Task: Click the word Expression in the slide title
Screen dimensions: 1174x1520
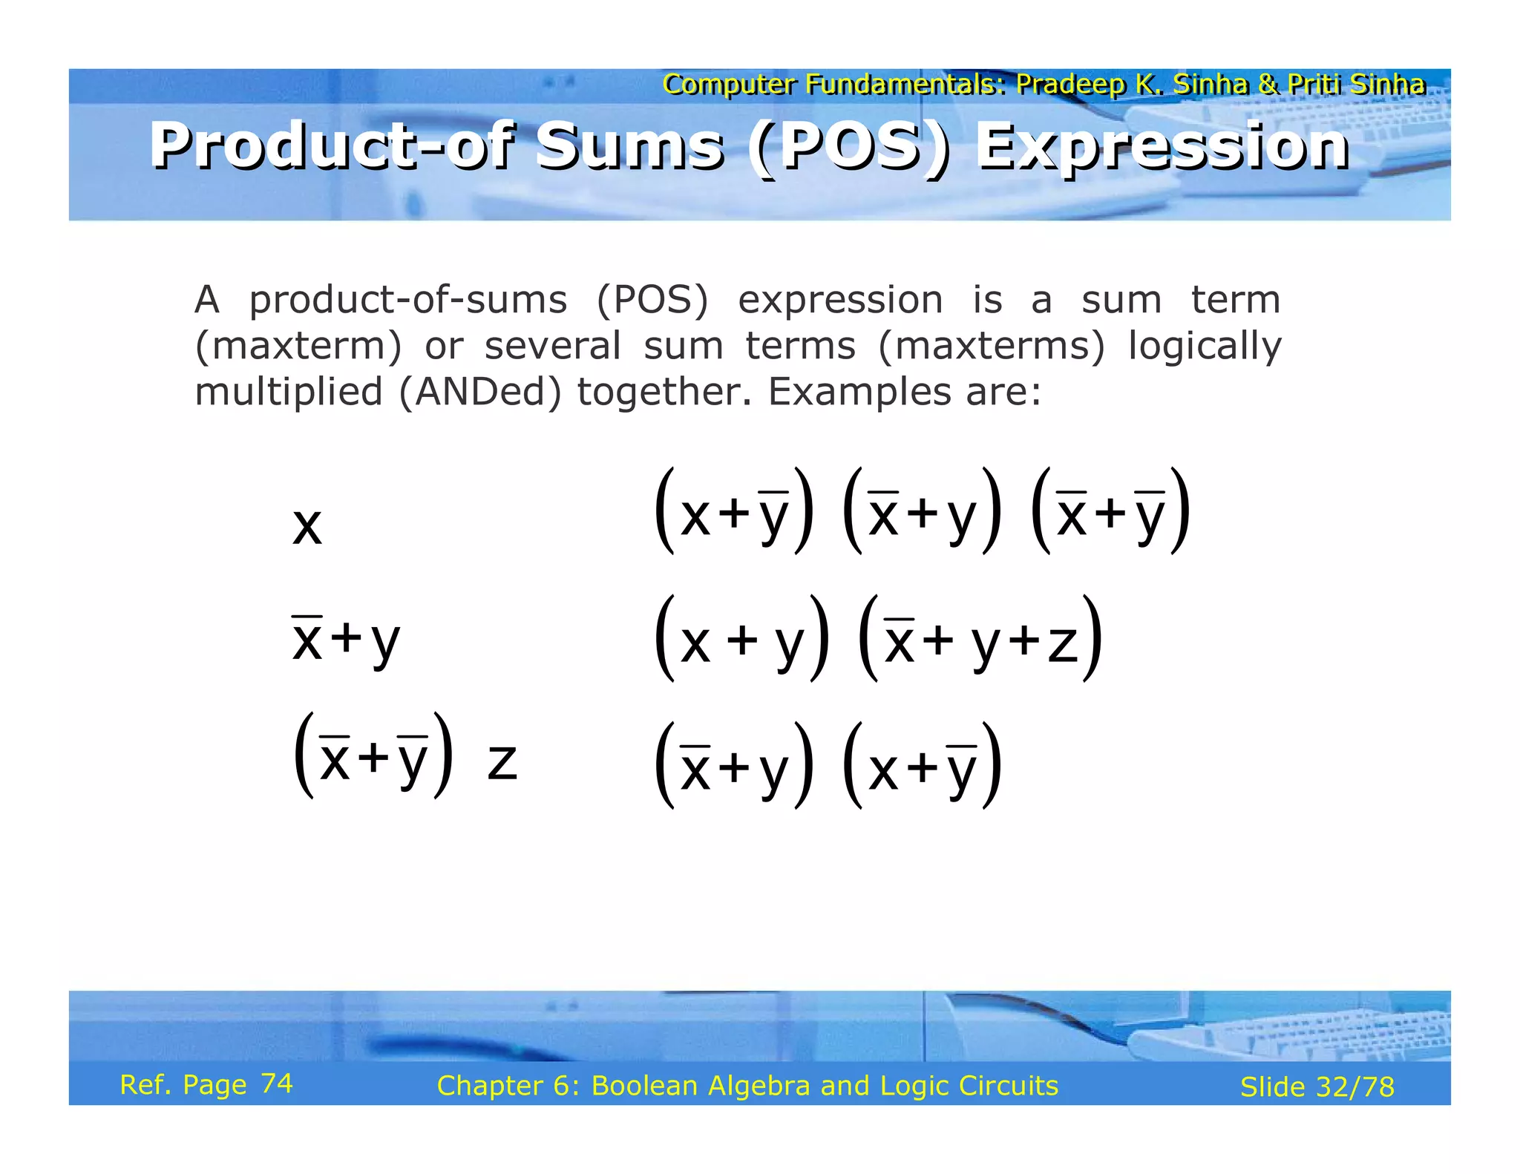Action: (x=1162, y=146)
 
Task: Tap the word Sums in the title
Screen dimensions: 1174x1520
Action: (x=629, y=146)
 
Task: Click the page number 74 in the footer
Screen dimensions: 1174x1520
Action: (x=277, y=1084)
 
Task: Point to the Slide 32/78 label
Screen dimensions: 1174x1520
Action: (x=1317, y=1087)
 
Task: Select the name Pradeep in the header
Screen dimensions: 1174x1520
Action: (x=1069, y=84)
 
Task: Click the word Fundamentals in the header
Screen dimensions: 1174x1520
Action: (x=905, y=84)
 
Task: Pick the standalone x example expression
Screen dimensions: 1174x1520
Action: (x=307, y=526)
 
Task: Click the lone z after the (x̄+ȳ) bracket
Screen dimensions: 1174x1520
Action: (x=502, y=762)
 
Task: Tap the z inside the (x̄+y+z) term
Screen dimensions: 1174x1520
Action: (x=1062, y=643)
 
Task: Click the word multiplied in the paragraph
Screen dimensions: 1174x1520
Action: (x=288, y=392)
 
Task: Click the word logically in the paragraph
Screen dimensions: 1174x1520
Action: (x=1204, y=347)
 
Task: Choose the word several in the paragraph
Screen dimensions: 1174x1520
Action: (x=552, y=347)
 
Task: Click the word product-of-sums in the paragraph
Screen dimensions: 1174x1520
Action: (x=407, y=301)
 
